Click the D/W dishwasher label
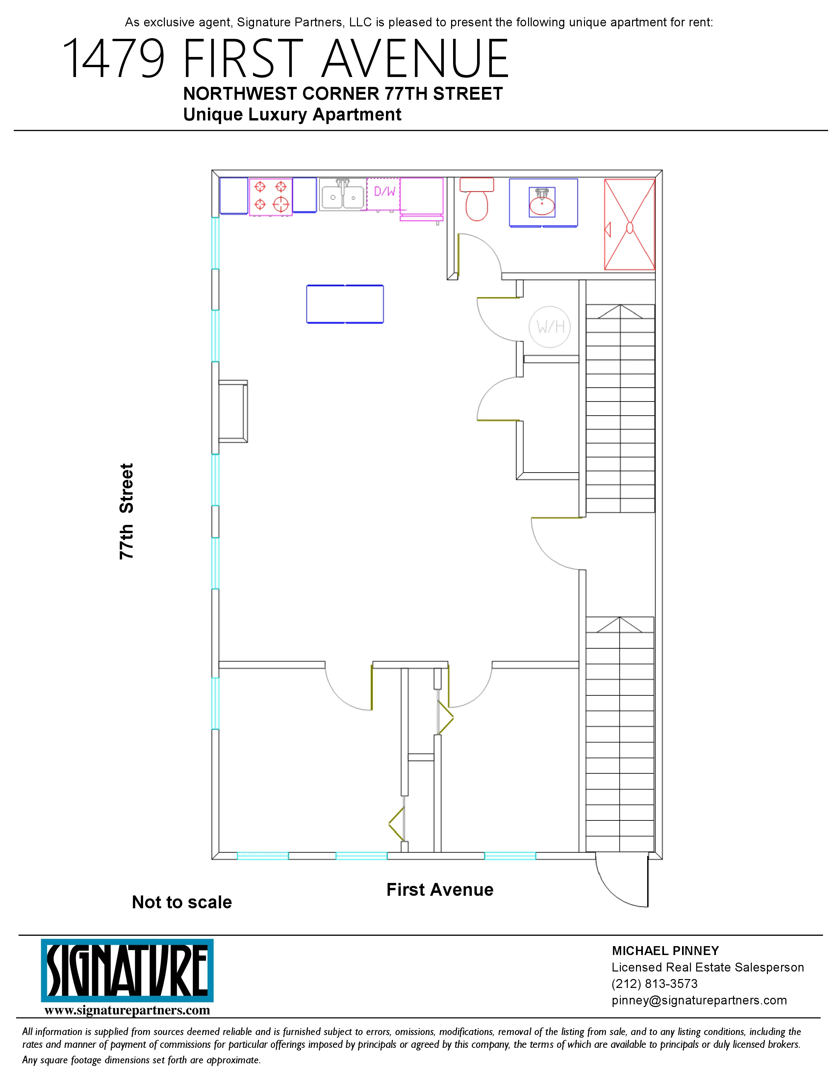coord(384,192)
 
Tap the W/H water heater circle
coord(550,327)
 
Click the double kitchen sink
coord(343,195)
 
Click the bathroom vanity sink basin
coord(542,204)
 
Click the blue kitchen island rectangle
coord(345,304)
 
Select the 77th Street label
coord(127,511)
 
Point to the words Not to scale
coord(182,902)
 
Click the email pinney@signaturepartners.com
coord(699,1000)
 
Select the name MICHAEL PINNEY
coord(665,951)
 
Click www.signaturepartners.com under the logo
coord(127,1010)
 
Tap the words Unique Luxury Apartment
coord(292,115)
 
